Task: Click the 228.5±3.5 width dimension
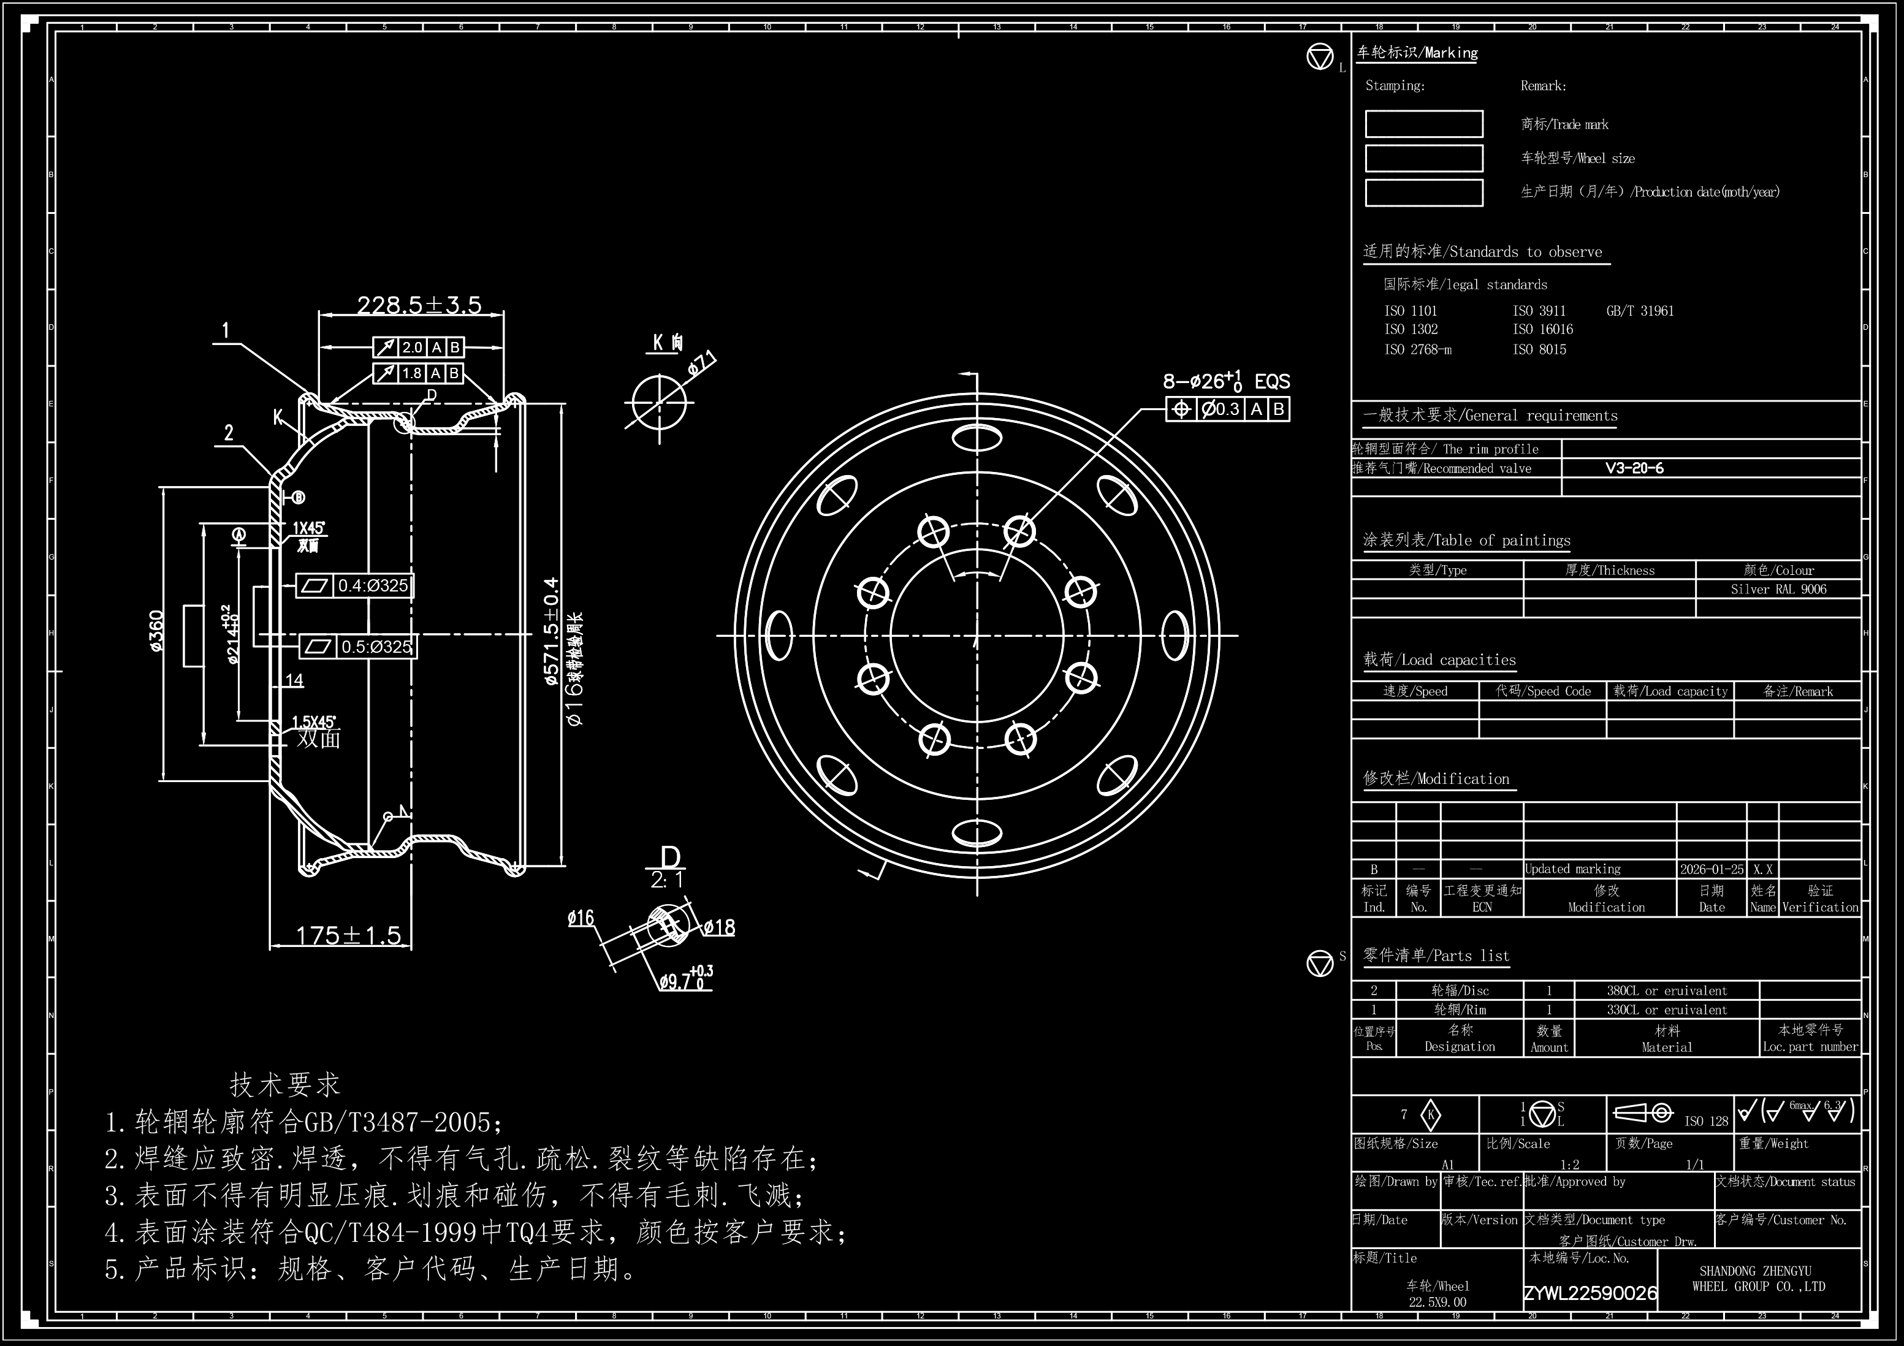419,305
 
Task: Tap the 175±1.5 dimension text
348,935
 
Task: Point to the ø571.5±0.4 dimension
552,632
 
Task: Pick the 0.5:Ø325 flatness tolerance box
358,646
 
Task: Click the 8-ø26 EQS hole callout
1225,381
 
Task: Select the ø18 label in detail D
719,928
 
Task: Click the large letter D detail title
670,858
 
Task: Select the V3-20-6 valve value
1634,468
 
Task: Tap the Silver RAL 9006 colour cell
1778,590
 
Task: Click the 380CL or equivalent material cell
1666,991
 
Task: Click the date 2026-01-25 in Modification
1712,869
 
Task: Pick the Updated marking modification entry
1572,869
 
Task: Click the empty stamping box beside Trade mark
1424,124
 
